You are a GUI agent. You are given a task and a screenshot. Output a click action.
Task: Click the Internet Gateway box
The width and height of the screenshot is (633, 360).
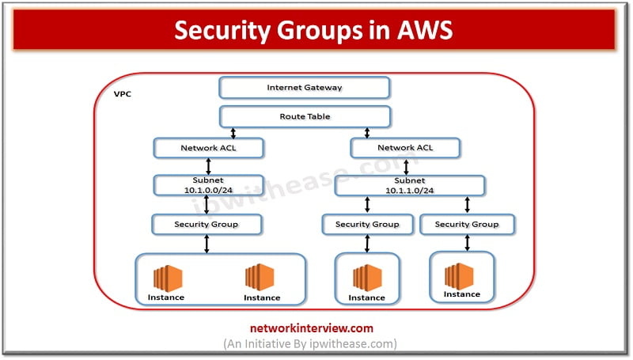click(305, 87)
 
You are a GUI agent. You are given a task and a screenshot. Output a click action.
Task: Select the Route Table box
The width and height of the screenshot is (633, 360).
click(305, 116)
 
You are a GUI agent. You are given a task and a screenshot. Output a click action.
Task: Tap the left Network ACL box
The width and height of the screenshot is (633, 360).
click(207, 147)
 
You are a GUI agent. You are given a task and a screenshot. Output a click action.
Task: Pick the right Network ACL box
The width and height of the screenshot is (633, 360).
click(405, 147)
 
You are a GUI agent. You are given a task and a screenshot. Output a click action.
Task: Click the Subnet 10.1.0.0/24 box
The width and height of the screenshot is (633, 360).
click(207, 185)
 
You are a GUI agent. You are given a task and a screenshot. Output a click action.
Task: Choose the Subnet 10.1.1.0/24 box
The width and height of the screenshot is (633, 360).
click(410, 185)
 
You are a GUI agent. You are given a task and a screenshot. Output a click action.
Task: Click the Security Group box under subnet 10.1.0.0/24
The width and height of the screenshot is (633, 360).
click(207, 224)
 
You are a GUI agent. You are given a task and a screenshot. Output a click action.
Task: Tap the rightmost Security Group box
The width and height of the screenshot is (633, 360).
click(467, 224)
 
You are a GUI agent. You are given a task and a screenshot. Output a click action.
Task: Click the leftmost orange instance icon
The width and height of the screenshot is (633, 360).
click(168, 279)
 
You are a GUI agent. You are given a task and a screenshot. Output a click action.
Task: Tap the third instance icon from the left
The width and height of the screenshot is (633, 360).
click(366, 279)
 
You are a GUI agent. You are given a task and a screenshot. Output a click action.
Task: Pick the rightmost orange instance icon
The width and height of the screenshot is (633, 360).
click(461, 275)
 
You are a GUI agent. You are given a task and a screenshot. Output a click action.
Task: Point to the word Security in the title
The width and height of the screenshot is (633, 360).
click(217, 29)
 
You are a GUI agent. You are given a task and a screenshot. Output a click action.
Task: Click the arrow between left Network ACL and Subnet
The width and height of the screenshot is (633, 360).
click(207, 166)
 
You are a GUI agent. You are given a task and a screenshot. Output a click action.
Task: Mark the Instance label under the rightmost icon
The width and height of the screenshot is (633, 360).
click(461, 294)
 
